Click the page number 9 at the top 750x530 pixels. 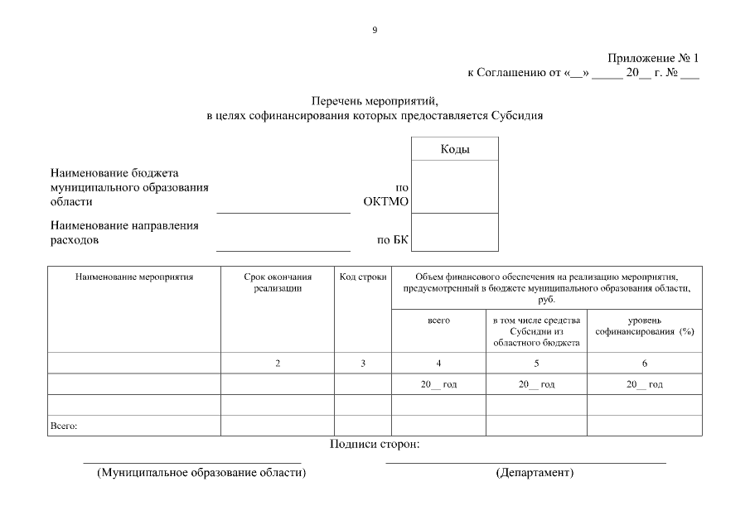point(375,31)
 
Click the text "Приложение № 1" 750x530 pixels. point(654,59)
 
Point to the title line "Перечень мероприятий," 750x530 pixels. point(374,101)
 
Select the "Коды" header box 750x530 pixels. point(455,149)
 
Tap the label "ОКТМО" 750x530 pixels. point(386,201)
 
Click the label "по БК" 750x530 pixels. point(393,241)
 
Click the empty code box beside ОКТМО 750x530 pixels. point(455,186)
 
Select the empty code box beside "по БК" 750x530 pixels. point(455,232)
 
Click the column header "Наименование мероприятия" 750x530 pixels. point(134,277)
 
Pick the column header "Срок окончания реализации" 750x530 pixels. point(278,283)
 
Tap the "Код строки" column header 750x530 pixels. point(363,277)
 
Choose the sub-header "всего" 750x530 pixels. point(438,320)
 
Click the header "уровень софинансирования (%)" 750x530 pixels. point(644,325)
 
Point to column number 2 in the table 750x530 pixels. point(278,364)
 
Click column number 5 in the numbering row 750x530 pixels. point(536,364)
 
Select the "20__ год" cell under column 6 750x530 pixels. point(644,384)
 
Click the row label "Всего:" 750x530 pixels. point(64,426)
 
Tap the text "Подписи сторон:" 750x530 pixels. point(375,445)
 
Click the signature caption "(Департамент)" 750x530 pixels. point(535,473)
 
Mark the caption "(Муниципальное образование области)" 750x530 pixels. point(201,473)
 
